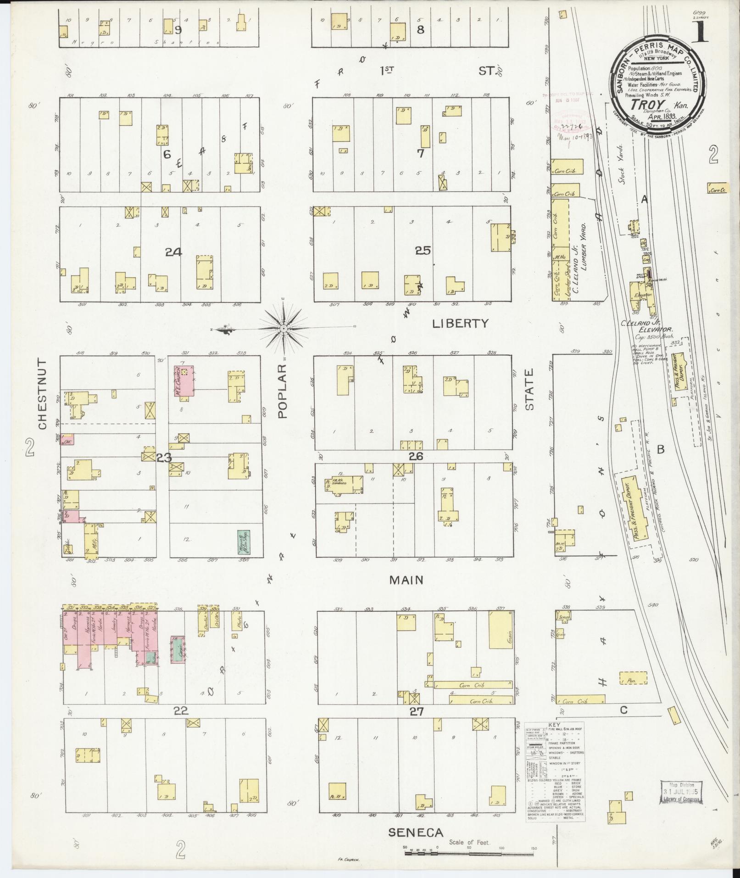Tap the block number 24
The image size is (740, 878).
pyautogui.click(x=174, y=252)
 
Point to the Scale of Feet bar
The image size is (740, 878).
pyautogui.click(x=469, y=853)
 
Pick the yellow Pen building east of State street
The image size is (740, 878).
pyautogui.click(x=633, y=678)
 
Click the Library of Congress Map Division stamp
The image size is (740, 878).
pyautogui.click(x=681, y=792)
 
